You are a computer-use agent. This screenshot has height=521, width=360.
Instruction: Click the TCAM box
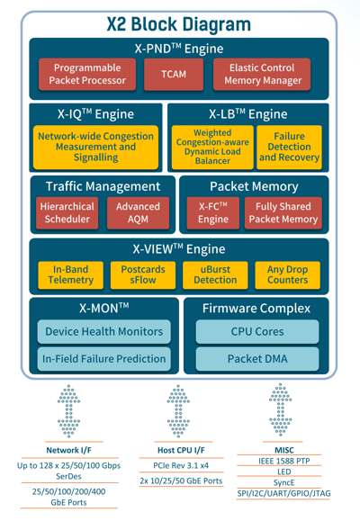174,74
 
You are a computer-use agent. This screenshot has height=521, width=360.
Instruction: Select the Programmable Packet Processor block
87,74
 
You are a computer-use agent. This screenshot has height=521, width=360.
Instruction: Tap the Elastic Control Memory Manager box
262,74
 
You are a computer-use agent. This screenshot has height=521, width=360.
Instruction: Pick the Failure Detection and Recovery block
289,147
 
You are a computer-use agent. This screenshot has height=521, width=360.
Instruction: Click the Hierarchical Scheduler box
67,213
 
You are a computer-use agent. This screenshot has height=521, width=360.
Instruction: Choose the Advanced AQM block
138,213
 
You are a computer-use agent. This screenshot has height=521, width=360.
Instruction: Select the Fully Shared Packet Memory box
283,213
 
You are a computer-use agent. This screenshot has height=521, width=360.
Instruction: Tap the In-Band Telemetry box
70,274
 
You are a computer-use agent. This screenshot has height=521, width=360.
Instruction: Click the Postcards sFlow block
143,274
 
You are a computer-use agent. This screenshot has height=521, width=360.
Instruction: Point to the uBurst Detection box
215,274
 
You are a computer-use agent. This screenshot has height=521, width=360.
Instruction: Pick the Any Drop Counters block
287,274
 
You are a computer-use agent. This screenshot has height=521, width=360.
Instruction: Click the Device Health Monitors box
104,332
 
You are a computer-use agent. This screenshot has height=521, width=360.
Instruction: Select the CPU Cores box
257,332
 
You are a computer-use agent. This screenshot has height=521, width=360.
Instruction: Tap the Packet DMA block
257,359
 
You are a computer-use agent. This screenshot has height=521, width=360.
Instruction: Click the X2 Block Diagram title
179,24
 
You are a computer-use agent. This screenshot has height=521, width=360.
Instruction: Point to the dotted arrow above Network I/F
68,411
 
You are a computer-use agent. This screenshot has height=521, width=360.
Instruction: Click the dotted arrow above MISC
281,409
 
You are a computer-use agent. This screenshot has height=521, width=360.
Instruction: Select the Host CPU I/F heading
181,450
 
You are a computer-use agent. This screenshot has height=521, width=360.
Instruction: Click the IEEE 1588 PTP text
283,462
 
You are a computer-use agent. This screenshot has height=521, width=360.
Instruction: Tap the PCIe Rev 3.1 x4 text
181,465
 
